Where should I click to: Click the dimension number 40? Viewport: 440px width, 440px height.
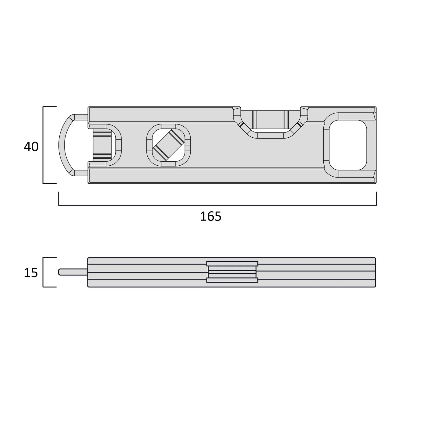31,147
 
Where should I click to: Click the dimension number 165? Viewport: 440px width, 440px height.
210,216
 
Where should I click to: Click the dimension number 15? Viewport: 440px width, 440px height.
31,273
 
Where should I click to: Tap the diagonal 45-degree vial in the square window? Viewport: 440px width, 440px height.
168,145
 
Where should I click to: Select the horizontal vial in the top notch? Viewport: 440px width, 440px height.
270,120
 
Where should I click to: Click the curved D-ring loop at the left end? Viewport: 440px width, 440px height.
62,145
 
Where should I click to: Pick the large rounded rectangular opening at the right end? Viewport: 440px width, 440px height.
347,145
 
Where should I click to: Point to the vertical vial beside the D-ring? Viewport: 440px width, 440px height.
102,145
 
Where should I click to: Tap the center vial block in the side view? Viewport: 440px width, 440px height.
232,272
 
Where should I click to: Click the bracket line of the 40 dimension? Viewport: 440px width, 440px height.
43,145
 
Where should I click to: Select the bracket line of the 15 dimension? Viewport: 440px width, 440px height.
43,272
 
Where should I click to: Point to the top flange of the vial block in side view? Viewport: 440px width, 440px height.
232,264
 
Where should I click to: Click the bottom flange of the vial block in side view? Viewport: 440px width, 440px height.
232,280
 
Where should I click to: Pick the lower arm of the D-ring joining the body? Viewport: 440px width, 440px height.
80,173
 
